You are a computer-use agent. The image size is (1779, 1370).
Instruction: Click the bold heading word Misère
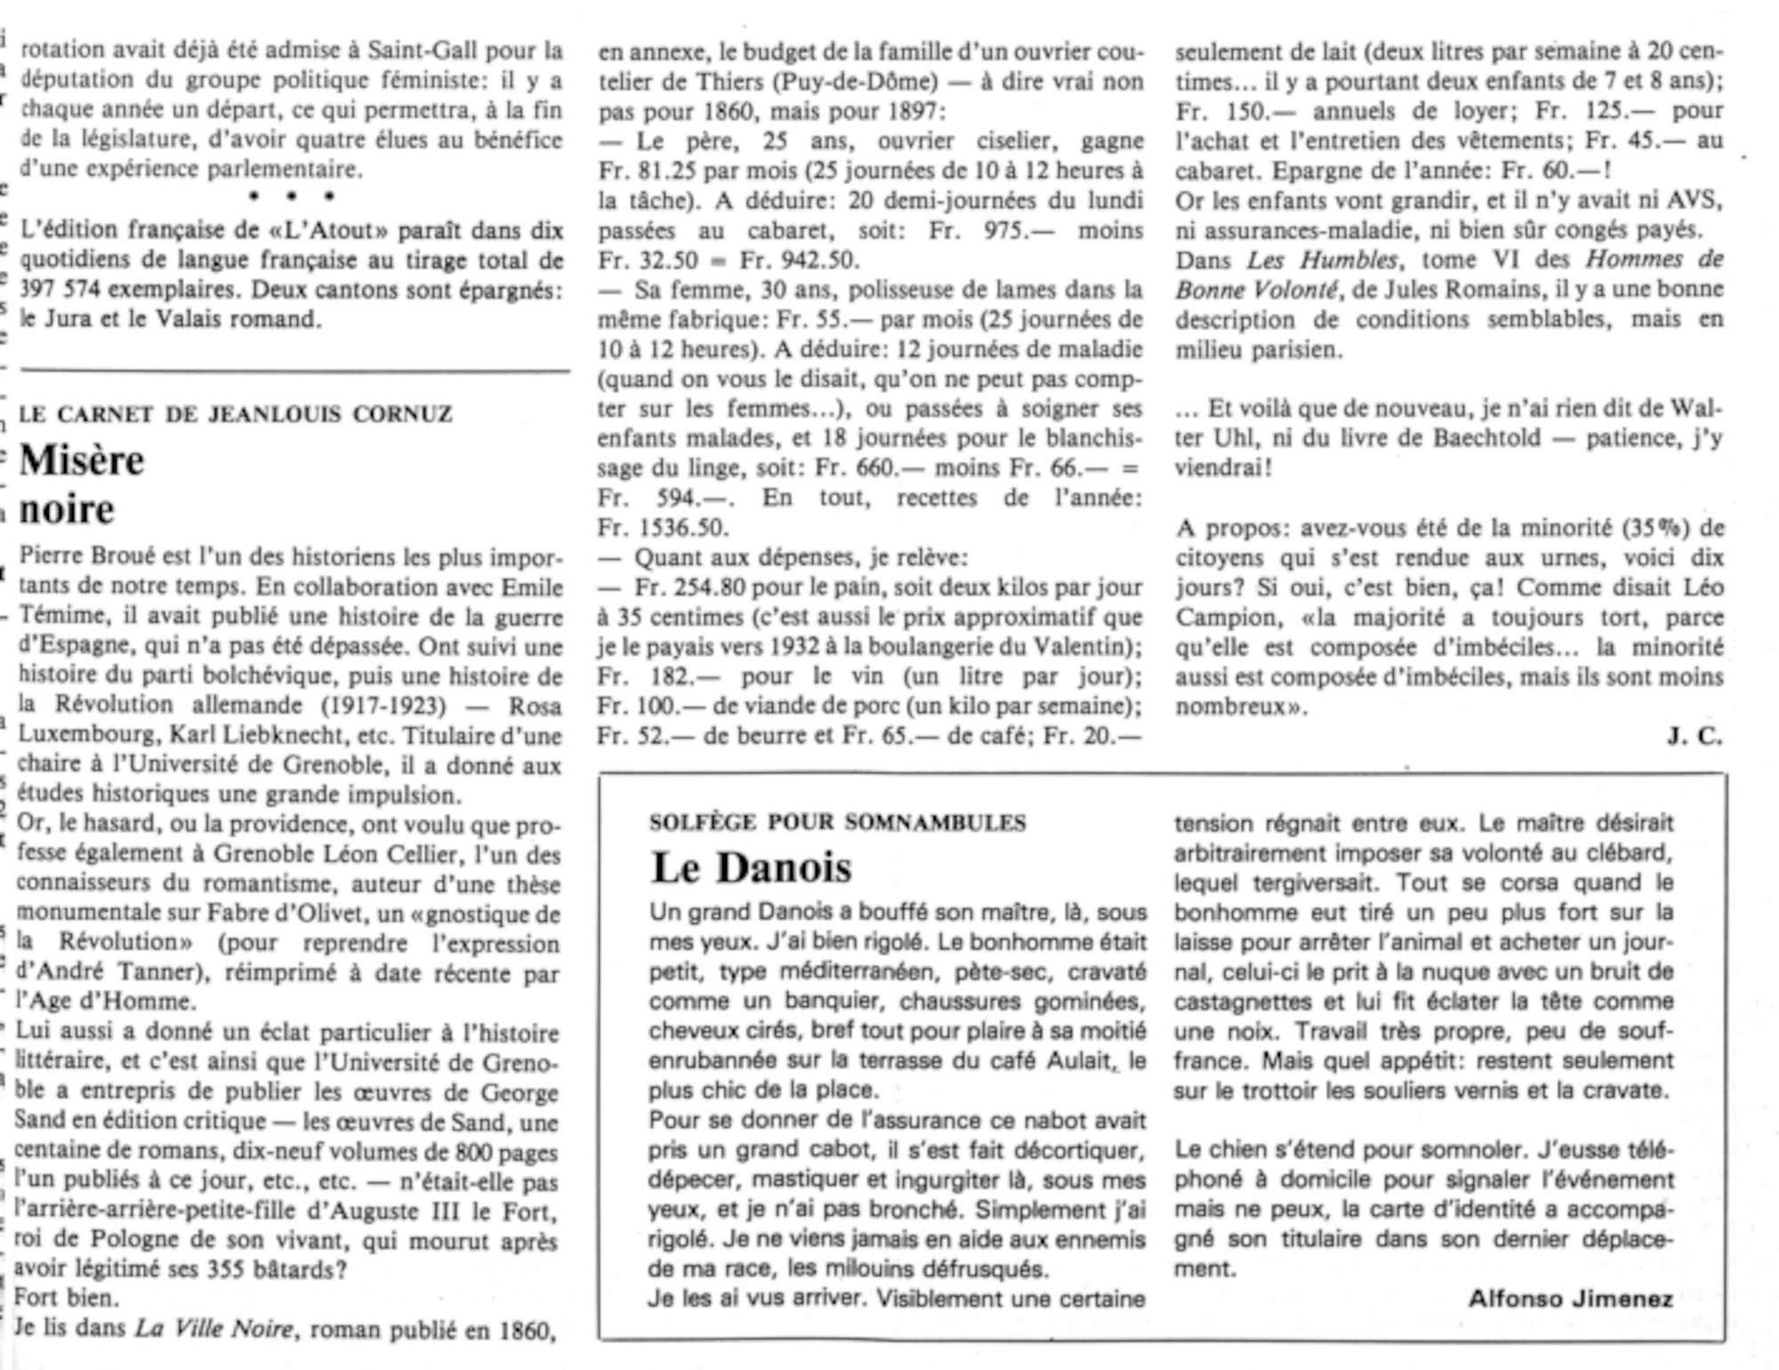click(x=82, y=461)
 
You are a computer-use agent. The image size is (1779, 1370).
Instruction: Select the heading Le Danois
click(x=752, y=868)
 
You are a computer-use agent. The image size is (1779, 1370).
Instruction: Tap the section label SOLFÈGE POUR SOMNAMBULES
click(x=837, y=823)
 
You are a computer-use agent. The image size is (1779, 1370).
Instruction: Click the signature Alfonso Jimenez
click(x=1570, y=1299)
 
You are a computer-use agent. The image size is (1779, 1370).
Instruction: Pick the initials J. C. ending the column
click(x=1694, y=737)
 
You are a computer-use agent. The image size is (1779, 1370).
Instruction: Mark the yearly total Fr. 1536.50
click(x=664, y=528)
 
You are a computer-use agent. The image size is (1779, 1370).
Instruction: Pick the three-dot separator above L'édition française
click(x=292, y=196)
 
